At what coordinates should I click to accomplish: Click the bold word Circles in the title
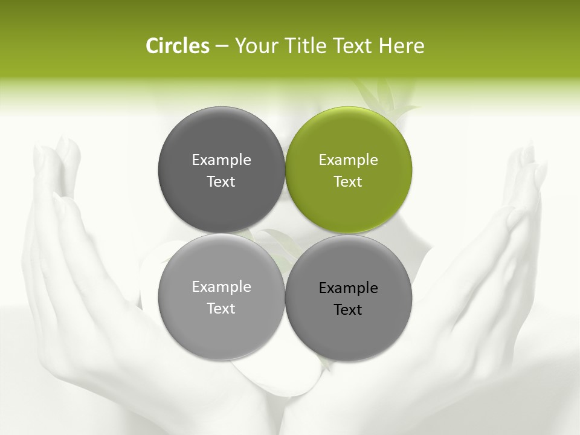pyautogui.click(x=178, y=46)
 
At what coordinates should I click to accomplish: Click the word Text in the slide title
pyautogui.click(x=355, y=46)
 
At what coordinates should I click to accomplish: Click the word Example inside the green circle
pyautogui.click(x=349, y=160)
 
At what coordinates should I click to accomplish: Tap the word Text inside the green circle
pyautogui.click(x=348, y=182)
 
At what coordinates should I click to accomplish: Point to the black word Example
pyautogui.click(x=349, y=288)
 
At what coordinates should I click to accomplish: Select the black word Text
pyautogui.click(x=348, y=310)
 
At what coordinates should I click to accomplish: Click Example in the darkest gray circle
pyautogui.click(x=221, y=160)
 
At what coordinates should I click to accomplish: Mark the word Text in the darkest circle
pyautogui.click(x=221, y=182)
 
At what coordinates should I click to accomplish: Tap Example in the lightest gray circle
pyautogui.click(x=221, y=287)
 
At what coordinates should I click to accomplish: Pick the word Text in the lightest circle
pyautogui.click(x=221, y=309)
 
